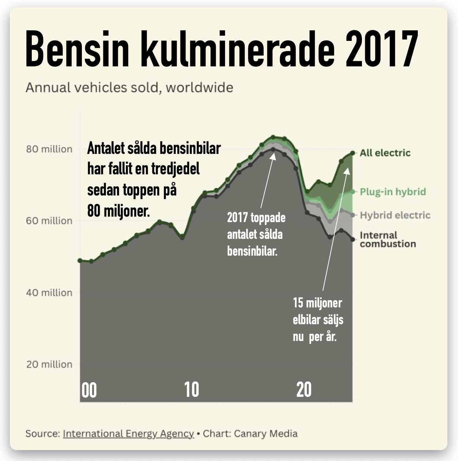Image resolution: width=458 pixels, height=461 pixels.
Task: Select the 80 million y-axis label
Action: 49,149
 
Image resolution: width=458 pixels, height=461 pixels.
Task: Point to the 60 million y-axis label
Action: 49,221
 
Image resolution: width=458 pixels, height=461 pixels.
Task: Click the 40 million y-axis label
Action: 49,293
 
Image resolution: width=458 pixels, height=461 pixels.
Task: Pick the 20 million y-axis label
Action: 49,364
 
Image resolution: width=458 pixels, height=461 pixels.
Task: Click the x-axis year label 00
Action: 89,390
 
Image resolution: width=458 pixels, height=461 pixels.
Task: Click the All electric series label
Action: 385,153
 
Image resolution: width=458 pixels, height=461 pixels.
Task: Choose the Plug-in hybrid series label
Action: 393,192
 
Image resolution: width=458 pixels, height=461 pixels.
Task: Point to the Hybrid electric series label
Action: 395,215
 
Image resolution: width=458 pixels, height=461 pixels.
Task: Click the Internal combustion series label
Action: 388,240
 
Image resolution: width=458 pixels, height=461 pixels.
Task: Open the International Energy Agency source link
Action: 128,434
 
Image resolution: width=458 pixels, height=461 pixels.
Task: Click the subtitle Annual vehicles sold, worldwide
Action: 129,88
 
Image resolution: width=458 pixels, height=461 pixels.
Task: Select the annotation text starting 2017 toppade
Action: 256,234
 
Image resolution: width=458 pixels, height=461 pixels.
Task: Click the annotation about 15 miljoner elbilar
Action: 318,319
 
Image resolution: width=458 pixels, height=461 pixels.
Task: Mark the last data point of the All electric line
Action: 352,153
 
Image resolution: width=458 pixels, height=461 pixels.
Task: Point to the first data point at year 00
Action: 80,260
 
